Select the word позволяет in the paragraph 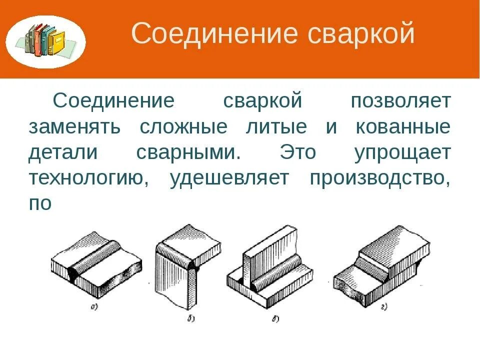pos(400,101)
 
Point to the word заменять pos(74,127)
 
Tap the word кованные pos(402,127)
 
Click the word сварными pos(188,153)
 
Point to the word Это pos(298,153)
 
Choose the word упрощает pos(402,153)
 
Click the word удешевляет pos(229,179)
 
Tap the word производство pos(380,179)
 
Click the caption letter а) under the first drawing pos(93,307)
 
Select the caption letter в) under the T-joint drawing pos(275,318)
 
